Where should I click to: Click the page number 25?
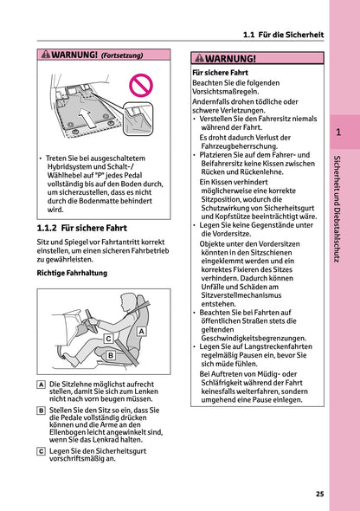319,494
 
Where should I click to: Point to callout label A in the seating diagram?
140,331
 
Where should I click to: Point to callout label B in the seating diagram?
110,355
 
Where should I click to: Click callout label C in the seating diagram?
108,339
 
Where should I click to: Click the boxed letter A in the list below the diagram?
42,384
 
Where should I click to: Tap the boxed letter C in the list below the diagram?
42,450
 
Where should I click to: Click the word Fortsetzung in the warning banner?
122,55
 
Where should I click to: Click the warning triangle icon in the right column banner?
201,59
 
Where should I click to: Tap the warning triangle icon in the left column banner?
47,55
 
